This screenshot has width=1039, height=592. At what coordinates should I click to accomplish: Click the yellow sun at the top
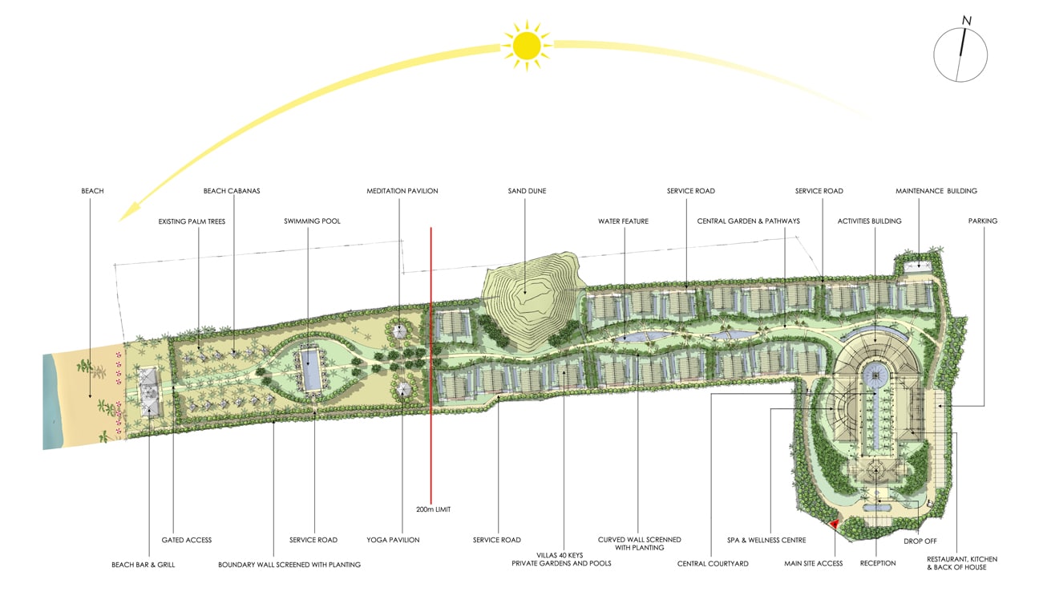(527, 46)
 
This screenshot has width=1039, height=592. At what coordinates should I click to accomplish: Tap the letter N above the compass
(967, 20)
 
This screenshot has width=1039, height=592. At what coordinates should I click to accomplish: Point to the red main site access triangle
(834, 524)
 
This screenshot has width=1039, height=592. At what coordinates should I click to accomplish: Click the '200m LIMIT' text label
(433, 509)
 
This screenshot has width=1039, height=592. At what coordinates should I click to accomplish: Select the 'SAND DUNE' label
(527, 191)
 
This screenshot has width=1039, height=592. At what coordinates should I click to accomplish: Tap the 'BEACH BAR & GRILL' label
(144, 565)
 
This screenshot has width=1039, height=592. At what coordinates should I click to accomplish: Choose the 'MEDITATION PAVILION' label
(402, 191)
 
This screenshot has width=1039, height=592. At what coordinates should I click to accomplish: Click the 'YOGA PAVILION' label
(393, 540)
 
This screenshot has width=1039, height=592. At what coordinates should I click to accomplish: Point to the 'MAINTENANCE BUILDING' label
(936, 191)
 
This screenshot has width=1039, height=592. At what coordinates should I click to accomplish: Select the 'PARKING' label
(982, 221)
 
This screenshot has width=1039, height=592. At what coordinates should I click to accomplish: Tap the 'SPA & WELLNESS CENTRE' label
(766, 540)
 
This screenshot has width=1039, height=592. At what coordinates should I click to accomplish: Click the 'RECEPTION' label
(878, 563)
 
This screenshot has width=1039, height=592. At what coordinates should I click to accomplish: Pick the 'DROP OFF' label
(920, 541)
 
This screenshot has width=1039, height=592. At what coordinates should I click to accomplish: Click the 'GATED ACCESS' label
(187, 540)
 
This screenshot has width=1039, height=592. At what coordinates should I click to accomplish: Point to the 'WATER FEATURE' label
(623, 221)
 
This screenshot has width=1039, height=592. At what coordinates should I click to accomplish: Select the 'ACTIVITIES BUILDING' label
(869, 221)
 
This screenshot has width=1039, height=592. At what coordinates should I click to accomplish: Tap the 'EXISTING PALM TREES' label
(192, 221)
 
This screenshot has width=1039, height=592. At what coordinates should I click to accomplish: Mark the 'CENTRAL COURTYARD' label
(713, 564)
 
